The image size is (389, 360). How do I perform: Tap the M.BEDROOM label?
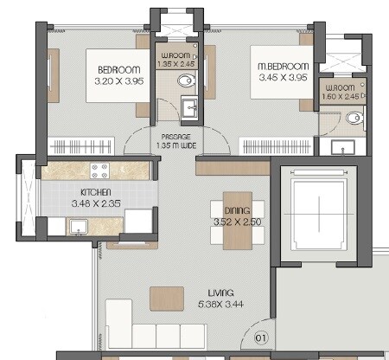click(284, 67)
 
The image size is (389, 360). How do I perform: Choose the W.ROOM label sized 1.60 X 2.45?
click(339, 90)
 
